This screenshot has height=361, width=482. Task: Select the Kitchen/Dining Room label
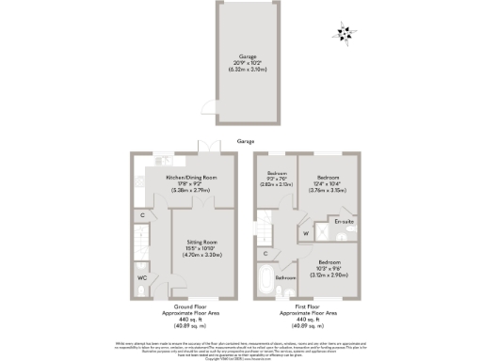tap(193, 178)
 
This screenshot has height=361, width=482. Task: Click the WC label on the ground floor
tap(142, 278)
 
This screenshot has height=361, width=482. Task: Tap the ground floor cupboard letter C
tap(142, 216)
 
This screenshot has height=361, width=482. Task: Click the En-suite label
tap(343, 222)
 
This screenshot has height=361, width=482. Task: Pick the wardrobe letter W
tap(306, 232)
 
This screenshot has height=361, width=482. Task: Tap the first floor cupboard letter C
tap(266, 253)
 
